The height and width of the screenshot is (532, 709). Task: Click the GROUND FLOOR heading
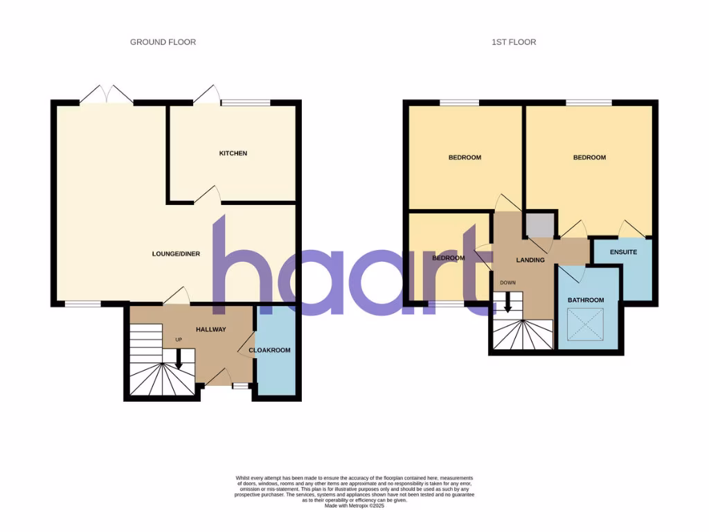click(x=163, y=42)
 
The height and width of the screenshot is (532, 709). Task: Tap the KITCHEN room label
click(x=233, y=153)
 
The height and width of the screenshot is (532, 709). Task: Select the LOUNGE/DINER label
click(x=176, y=254)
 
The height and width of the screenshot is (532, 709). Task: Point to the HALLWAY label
click(x=210, y=330)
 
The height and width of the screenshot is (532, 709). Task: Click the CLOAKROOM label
click(x=270, y=351)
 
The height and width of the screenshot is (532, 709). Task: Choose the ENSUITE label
click(x=623, y=252)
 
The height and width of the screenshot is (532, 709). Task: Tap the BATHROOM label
click(x=586, y=300)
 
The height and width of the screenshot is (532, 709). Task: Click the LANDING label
click(x=531, y=260)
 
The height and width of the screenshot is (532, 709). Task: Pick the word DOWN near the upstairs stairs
click(x=508, y=283)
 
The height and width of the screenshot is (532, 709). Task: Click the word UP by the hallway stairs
click(x=179, y=340)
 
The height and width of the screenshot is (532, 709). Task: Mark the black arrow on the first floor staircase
click(x=508, y=303)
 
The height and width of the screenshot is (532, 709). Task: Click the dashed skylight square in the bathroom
click(x=586, y=324)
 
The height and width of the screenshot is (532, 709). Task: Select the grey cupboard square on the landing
click(x=539, y=225)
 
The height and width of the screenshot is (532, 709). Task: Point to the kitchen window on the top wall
click(x=245, y=103)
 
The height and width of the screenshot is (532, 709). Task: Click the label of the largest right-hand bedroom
click(x=589, y=158)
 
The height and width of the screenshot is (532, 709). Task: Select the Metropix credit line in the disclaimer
click(x=354, y=506)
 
